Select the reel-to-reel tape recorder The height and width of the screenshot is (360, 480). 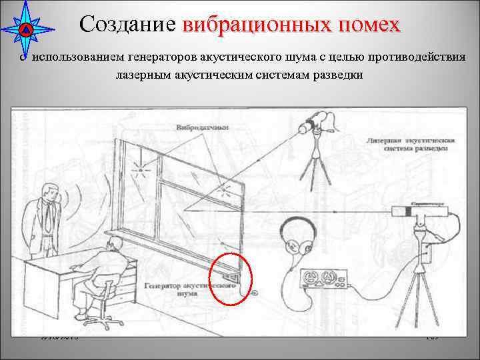tap(323, 278)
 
